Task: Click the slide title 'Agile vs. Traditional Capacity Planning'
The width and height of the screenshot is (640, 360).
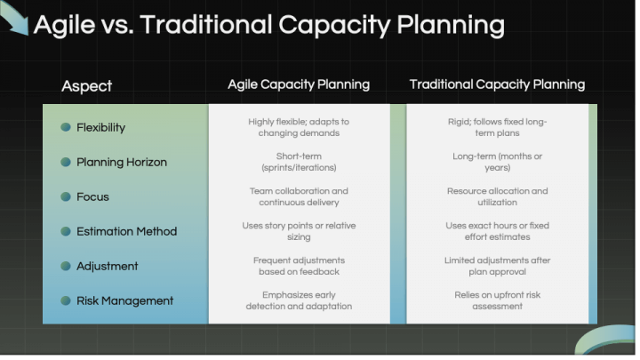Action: pos(268,25)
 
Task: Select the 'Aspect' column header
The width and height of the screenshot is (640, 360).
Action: pos(86,86)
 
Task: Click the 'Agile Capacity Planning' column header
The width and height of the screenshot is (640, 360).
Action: pos(299,84)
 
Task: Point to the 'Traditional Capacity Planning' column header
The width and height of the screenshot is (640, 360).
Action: pos(497,84)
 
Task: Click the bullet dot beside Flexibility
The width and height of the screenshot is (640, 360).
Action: pos(66,127)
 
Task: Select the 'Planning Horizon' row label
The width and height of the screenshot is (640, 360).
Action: pos(121,162)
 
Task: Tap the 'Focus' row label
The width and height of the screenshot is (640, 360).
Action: pos(92,196)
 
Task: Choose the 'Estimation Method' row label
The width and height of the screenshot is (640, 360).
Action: pos(126,231)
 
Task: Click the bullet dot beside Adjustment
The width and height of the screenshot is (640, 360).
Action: pos(66,266)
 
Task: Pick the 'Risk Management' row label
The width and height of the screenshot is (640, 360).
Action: pos(124,300)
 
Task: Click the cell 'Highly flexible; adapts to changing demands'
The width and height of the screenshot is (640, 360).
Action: pos(299,127)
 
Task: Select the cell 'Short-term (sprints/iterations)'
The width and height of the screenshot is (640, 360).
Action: pos(299,162)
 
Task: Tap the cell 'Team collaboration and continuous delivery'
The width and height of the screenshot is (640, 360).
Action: pos(299,196)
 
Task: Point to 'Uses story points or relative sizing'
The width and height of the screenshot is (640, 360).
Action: pos(299,231)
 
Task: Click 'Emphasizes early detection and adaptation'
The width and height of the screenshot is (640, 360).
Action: pos(299,300)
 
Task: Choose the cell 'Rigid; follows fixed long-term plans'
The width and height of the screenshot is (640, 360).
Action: pos(497,127)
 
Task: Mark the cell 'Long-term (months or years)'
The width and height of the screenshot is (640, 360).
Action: pos(497,162)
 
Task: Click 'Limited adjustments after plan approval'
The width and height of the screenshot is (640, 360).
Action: pos(497,266)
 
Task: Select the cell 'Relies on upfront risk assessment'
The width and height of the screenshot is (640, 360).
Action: pos(497,300)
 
